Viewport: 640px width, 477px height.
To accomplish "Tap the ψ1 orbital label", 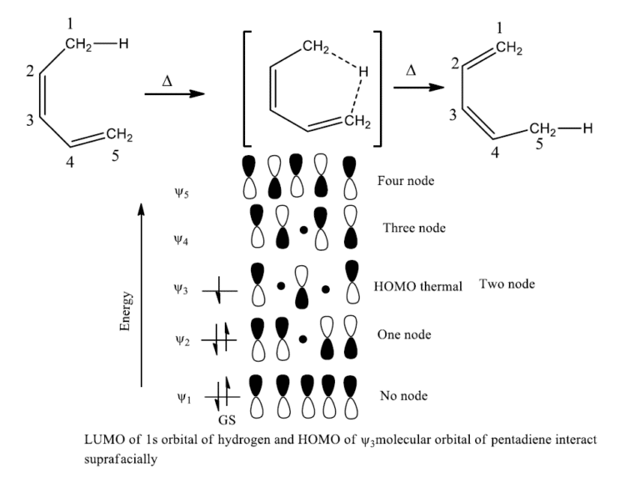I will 182,397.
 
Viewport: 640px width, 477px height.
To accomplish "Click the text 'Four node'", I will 406,181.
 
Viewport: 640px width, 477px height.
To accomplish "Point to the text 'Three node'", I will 414,228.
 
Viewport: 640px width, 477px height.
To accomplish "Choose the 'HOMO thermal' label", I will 417,287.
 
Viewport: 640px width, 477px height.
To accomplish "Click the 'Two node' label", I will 507,284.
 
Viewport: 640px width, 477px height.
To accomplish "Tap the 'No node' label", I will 404,396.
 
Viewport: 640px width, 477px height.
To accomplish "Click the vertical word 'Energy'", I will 126,311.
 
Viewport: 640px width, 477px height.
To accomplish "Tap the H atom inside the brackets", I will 362,73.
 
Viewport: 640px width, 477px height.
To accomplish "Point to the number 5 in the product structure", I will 539,143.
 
